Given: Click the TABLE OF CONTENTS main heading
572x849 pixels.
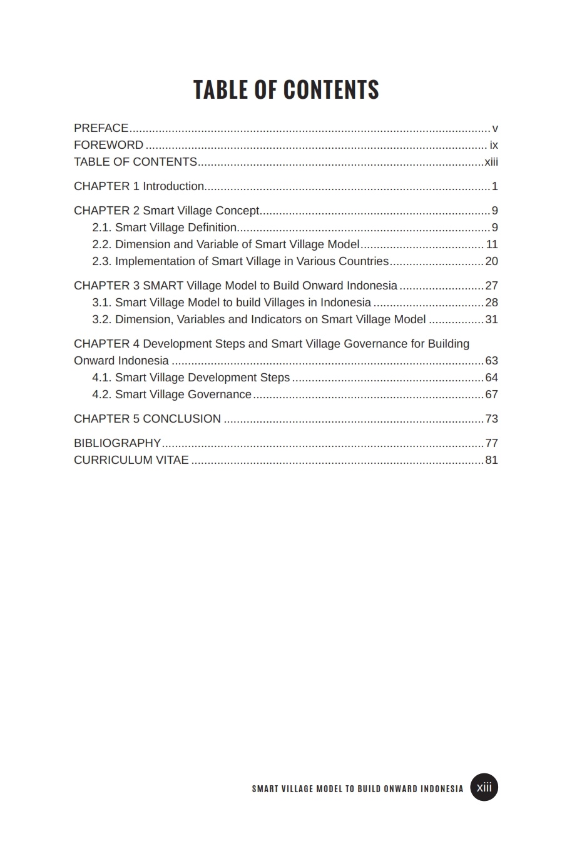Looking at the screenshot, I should [x=286, y=89].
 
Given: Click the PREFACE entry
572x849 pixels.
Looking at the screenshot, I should [x=101, y=128].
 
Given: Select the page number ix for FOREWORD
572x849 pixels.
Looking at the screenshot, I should [x=494, y=145].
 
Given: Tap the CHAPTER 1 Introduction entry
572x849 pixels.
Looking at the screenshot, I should [x=139, y=186].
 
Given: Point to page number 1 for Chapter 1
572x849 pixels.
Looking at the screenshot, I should [x=494, y=186].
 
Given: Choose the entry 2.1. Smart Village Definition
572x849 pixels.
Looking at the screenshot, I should [x=165, y=228].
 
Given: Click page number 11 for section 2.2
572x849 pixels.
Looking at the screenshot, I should [x=492, y=244].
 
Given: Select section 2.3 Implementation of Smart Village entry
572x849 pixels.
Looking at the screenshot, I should [x=240, y=261].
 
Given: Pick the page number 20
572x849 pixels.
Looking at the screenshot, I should [x=492, y=261].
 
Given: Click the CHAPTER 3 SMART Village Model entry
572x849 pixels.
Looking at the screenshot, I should [x=235, y=286].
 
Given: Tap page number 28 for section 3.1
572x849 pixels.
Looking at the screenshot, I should [x=492, y=303].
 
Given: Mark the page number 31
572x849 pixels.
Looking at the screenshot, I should [x=492, y=319].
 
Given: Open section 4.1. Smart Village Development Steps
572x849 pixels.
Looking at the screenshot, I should [x=191, y=378].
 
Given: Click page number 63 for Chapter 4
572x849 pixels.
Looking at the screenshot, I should [x=492, y=361].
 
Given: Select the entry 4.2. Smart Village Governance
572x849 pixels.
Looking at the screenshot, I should [x=172, y=394].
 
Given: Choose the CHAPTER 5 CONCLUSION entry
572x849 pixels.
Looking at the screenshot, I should [x=147, y=419].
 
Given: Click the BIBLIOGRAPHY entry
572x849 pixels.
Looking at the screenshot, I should [x=117, y=443].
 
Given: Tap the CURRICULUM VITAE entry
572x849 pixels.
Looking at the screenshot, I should [x=131, y=460].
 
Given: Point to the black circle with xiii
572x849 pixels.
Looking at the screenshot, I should [x=484, y=787].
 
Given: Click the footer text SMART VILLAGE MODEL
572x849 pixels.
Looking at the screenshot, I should [x=357, y=789].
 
